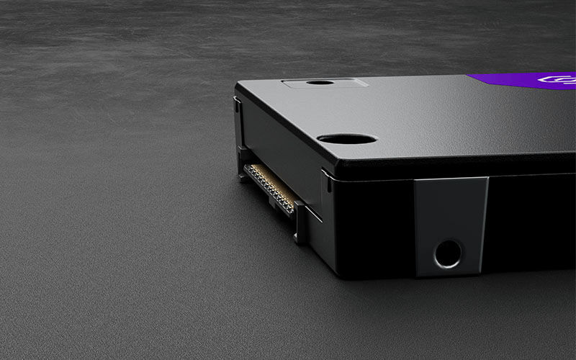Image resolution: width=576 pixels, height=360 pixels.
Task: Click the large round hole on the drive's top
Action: (346, 138)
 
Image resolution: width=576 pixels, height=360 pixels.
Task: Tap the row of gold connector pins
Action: (271, 187)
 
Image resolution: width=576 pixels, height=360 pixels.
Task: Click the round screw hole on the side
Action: (448, 253)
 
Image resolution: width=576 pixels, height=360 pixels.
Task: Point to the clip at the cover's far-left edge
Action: (237, 104)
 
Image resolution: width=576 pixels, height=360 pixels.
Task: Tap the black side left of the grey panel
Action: (374, 223)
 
